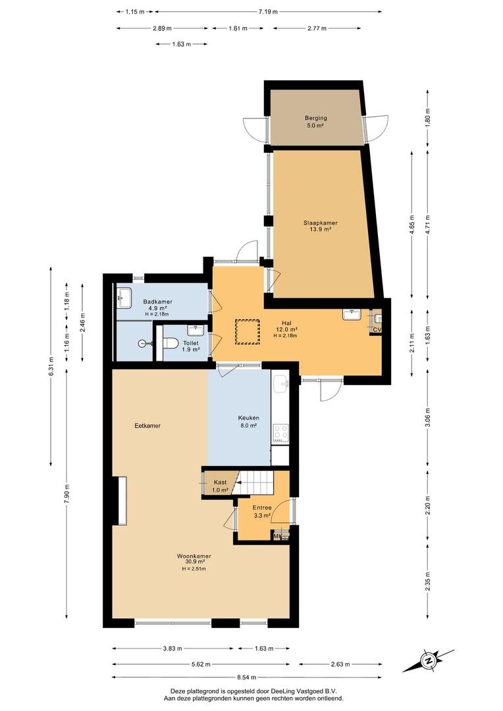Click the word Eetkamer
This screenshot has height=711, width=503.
pos(147,426)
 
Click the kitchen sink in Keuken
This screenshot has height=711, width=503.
pos(281,382)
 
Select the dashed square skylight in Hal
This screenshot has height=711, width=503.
pos(248,331)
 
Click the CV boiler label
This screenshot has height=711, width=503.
pos(377,329)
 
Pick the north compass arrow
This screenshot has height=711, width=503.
pos(429,660)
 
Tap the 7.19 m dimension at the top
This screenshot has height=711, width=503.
pos(267,11)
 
